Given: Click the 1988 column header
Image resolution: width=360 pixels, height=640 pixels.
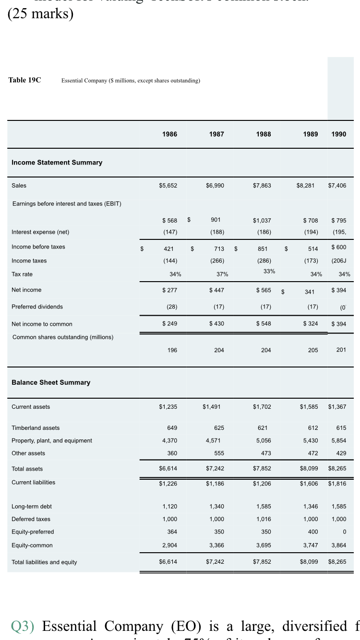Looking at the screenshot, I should click(x=263, y=134).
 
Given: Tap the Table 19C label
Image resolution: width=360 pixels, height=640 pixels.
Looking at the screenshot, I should click(x=24, y=80).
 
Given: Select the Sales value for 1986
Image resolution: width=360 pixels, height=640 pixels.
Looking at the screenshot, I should click(x=168, y=186).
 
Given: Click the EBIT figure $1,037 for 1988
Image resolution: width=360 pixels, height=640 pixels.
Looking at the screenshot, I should click(x=262, y=221).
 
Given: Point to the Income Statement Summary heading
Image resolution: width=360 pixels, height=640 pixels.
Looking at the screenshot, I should click(x=57, y=163).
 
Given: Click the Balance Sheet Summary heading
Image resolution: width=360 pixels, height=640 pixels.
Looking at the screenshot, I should click(x=51, y=382).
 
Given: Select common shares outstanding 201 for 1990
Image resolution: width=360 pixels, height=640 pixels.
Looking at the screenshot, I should click(x=341, y=350).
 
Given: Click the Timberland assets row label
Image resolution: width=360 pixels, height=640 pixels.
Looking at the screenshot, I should click(x=36, y=428).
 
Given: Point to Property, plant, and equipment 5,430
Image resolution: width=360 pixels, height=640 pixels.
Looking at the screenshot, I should click(x=309, y=440).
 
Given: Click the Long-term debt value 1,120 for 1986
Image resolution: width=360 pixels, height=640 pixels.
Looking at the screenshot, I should click(x=170, y=507).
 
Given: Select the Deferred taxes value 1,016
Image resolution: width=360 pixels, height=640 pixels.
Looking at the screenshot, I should click(x=264, y=519).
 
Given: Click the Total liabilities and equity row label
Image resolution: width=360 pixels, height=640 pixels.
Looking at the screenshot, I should click(x=44, y=562).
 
